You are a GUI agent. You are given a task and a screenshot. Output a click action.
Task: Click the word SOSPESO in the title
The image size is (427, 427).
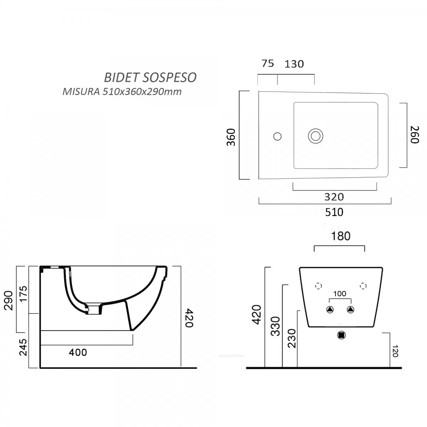[169, 78]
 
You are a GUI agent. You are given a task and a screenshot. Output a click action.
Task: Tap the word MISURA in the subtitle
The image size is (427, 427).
[81, 92]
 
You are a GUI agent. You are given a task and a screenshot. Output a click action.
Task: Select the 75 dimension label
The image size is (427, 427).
[268, 64]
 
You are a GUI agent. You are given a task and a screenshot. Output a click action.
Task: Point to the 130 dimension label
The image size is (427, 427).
[294, 64]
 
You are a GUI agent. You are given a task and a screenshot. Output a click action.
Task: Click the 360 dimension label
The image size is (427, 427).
[231, 137]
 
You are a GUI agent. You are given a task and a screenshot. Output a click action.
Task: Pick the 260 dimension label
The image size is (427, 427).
[415, 135]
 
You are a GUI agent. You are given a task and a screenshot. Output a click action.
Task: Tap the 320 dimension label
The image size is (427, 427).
[334, 197]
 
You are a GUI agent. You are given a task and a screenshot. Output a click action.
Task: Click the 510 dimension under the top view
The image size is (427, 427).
[334, 212]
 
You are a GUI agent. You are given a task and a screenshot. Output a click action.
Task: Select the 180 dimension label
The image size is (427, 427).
[341, 236]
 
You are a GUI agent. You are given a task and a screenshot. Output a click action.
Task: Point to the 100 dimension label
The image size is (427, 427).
[340, 294]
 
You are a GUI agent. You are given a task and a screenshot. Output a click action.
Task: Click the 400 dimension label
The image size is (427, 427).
[78, 352]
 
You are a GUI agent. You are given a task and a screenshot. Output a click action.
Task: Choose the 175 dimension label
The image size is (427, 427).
[23, 294]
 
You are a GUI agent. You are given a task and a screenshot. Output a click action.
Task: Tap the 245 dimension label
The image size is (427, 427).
[23, 347]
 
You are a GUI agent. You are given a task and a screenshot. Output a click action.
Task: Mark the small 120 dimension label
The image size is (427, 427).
[395, 351]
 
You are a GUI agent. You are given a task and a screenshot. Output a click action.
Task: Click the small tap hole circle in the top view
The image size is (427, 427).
[278, 136]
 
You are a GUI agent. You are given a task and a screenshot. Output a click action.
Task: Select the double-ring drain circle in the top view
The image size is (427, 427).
[316, 136]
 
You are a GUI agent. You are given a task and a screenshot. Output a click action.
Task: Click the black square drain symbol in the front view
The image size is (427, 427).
[342, 335]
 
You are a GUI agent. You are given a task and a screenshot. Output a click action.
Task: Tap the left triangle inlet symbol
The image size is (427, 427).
[330, 310]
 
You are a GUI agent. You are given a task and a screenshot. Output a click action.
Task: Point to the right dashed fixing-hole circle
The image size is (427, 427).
[363, 286]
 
